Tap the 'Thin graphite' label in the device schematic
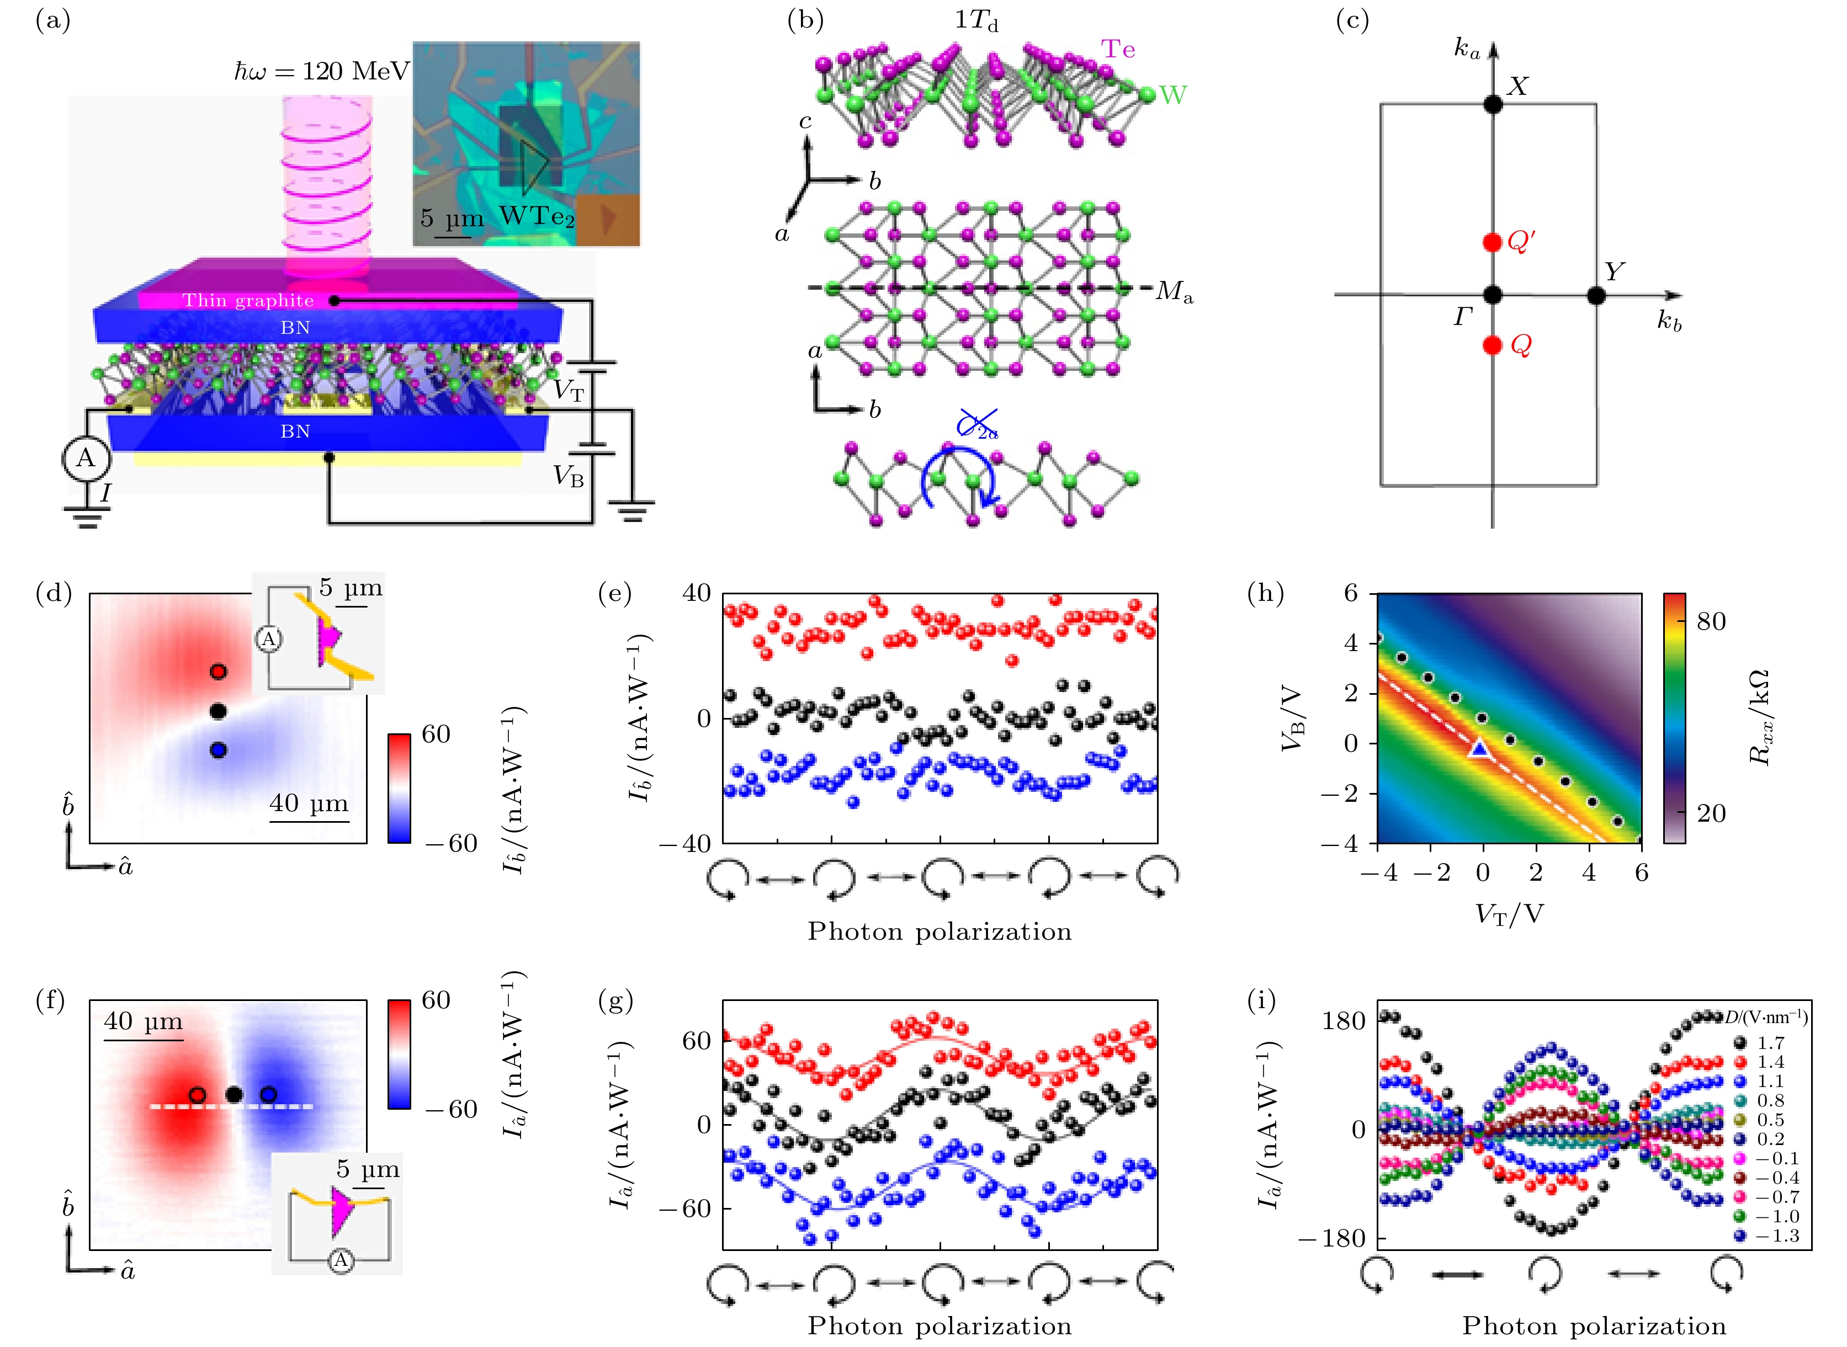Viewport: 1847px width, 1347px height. click(x=248, y=301)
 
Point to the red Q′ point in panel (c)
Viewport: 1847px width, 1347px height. click(x=1492, y=242)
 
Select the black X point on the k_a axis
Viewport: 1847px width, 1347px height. click(x=1492, y=104)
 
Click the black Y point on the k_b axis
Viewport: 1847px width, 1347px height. click(x=1596, y=295)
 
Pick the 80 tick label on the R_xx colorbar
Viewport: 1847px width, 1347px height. click(x=1711, y=621)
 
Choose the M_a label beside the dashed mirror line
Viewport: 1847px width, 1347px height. click(x=1174, y=291)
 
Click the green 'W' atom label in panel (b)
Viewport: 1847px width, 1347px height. click(x=1172, y=95)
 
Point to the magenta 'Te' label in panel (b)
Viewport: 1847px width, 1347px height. click(x=1118, y=50)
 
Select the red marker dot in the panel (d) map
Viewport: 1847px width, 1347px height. click(x=217, y=672)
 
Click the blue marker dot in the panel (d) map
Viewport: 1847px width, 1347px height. click(x=217, y=750)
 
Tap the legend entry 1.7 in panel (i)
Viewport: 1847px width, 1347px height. click(x=1770, y=1043)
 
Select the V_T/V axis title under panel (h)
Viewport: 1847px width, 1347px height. click(x=1509, y=914)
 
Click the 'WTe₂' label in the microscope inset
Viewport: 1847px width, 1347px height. click(x=537, y=217)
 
